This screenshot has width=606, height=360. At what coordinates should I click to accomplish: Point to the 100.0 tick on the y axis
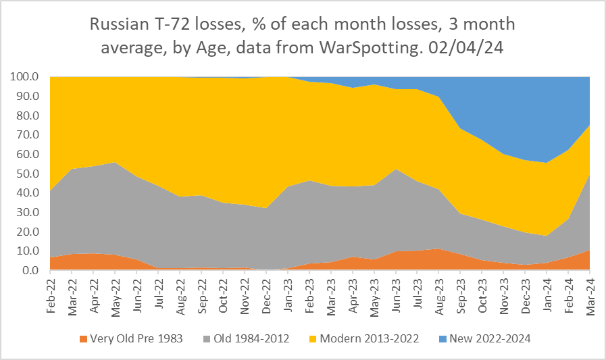coord(26,77)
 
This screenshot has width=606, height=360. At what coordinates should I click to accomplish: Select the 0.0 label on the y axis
coord(31,270)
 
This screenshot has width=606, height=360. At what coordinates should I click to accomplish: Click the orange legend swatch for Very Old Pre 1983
coord(84,338)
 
